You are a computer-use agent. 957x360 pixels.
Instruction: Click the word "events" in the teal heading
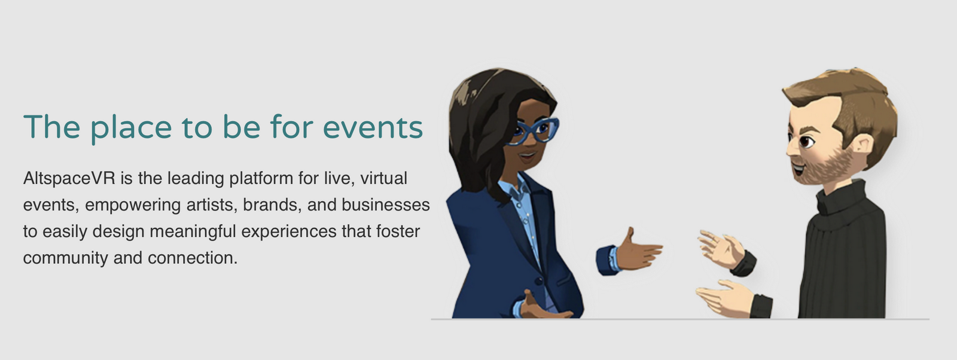[x=373, y=127]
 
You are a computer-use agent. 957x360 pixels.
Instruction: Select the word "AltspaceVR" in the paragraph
[x=69, y=179]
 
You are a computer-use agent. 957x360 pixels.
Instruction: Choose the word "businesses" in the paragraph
[x=386, y=205]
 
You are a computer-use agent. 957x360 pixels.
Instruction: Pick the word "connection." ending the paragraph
[x=192, y=258]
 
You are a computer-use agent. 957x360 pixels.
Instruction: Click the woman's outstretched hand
[x=639, y=251]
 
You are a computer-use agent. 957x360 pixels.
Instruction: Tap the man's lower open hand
[x=726, y=297]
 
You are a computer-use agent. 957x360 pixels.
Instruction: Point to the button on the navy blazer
[x=538, y=281]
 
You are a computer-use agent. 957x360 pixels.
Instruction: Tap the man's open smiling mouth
[x=798, y=168]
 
